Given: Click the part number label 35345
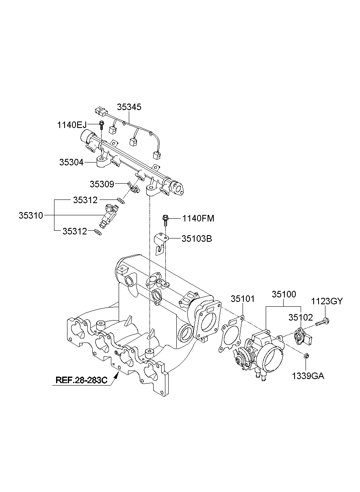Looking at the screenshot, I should tap(129, 107).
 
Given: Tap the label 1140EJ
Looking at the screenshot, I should tap(72, 125).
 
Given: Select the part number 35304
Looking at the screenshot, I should tap(72, 162).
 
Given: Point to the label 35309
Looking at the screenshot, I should tap(102, 184).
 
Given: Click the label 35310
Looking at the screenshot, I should tap(30, 215).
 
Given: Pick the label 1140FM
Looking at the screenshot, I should tap(198, 219).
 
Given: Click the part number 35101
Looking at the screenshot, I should tap(243, 299).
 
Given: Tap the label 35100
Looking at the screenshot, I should tap(284, 294).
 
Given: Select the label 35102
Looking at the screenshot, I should tap(301, 316).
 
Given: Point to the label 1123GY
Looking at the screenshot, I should tap(327, 301).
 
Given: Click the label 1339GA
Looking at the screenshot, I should tap(308, 376).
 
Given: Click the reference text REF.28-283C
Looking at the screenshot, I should tap(81, 380).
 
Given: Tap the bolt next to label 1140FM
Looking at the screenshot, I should tap(165, 219).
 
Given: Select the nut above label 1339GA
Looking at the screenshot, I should tap(307, 356).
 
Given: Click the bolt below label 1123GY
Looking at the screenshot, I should tap(322, 322).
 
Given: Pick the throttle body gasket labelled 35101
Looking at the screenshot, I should tap(231, 335).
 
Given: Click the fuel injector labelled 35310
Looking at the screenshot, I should tap(108, 216).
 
